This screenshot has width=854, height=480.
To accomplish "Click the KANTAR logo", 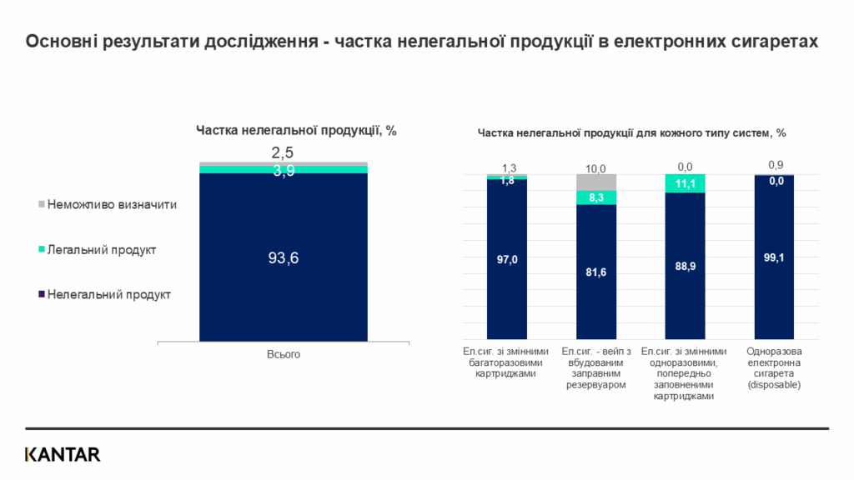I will [63, 454].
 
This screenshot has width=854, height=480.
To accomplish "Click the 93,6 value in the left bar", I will [283, 258].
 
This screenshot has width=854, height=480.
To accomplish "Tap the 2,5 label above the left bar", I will [283, 152].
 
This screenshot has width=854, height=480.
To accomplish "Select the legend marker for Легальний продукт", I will [42, 249].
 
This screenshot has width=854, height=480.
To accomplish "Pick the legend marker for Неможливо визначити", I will [42, 204].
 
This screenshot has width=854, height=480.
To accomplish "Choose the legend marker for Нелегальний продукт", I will [42, 294].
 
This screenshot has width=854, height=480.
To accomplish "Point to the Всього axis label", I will [283, 355].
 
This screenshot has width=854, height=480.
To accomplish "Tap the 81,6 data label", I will [596, 272].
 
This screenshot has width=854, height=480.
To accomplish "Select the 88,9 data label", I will [685, 266].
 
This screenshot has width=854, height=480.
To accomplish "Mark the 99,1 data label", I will [774, 257].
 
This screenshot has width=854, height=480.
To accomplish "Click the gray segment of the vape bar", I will [596, 182].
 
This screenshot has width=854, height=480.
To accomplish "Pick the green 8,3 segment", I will [596, 197].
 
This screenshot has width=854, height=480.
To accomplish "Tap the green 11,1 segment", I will [685, 183].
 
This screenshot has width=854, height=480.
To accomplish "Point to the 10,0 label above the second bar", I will [596, 167].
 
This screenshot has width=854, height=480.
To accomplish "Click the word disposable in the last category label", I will [774, 385].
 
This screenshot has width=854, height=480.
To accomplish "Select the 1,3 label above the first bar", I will [507, 167].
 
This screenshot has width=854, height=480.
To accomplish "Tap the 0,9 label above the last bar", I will [774, 164].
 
